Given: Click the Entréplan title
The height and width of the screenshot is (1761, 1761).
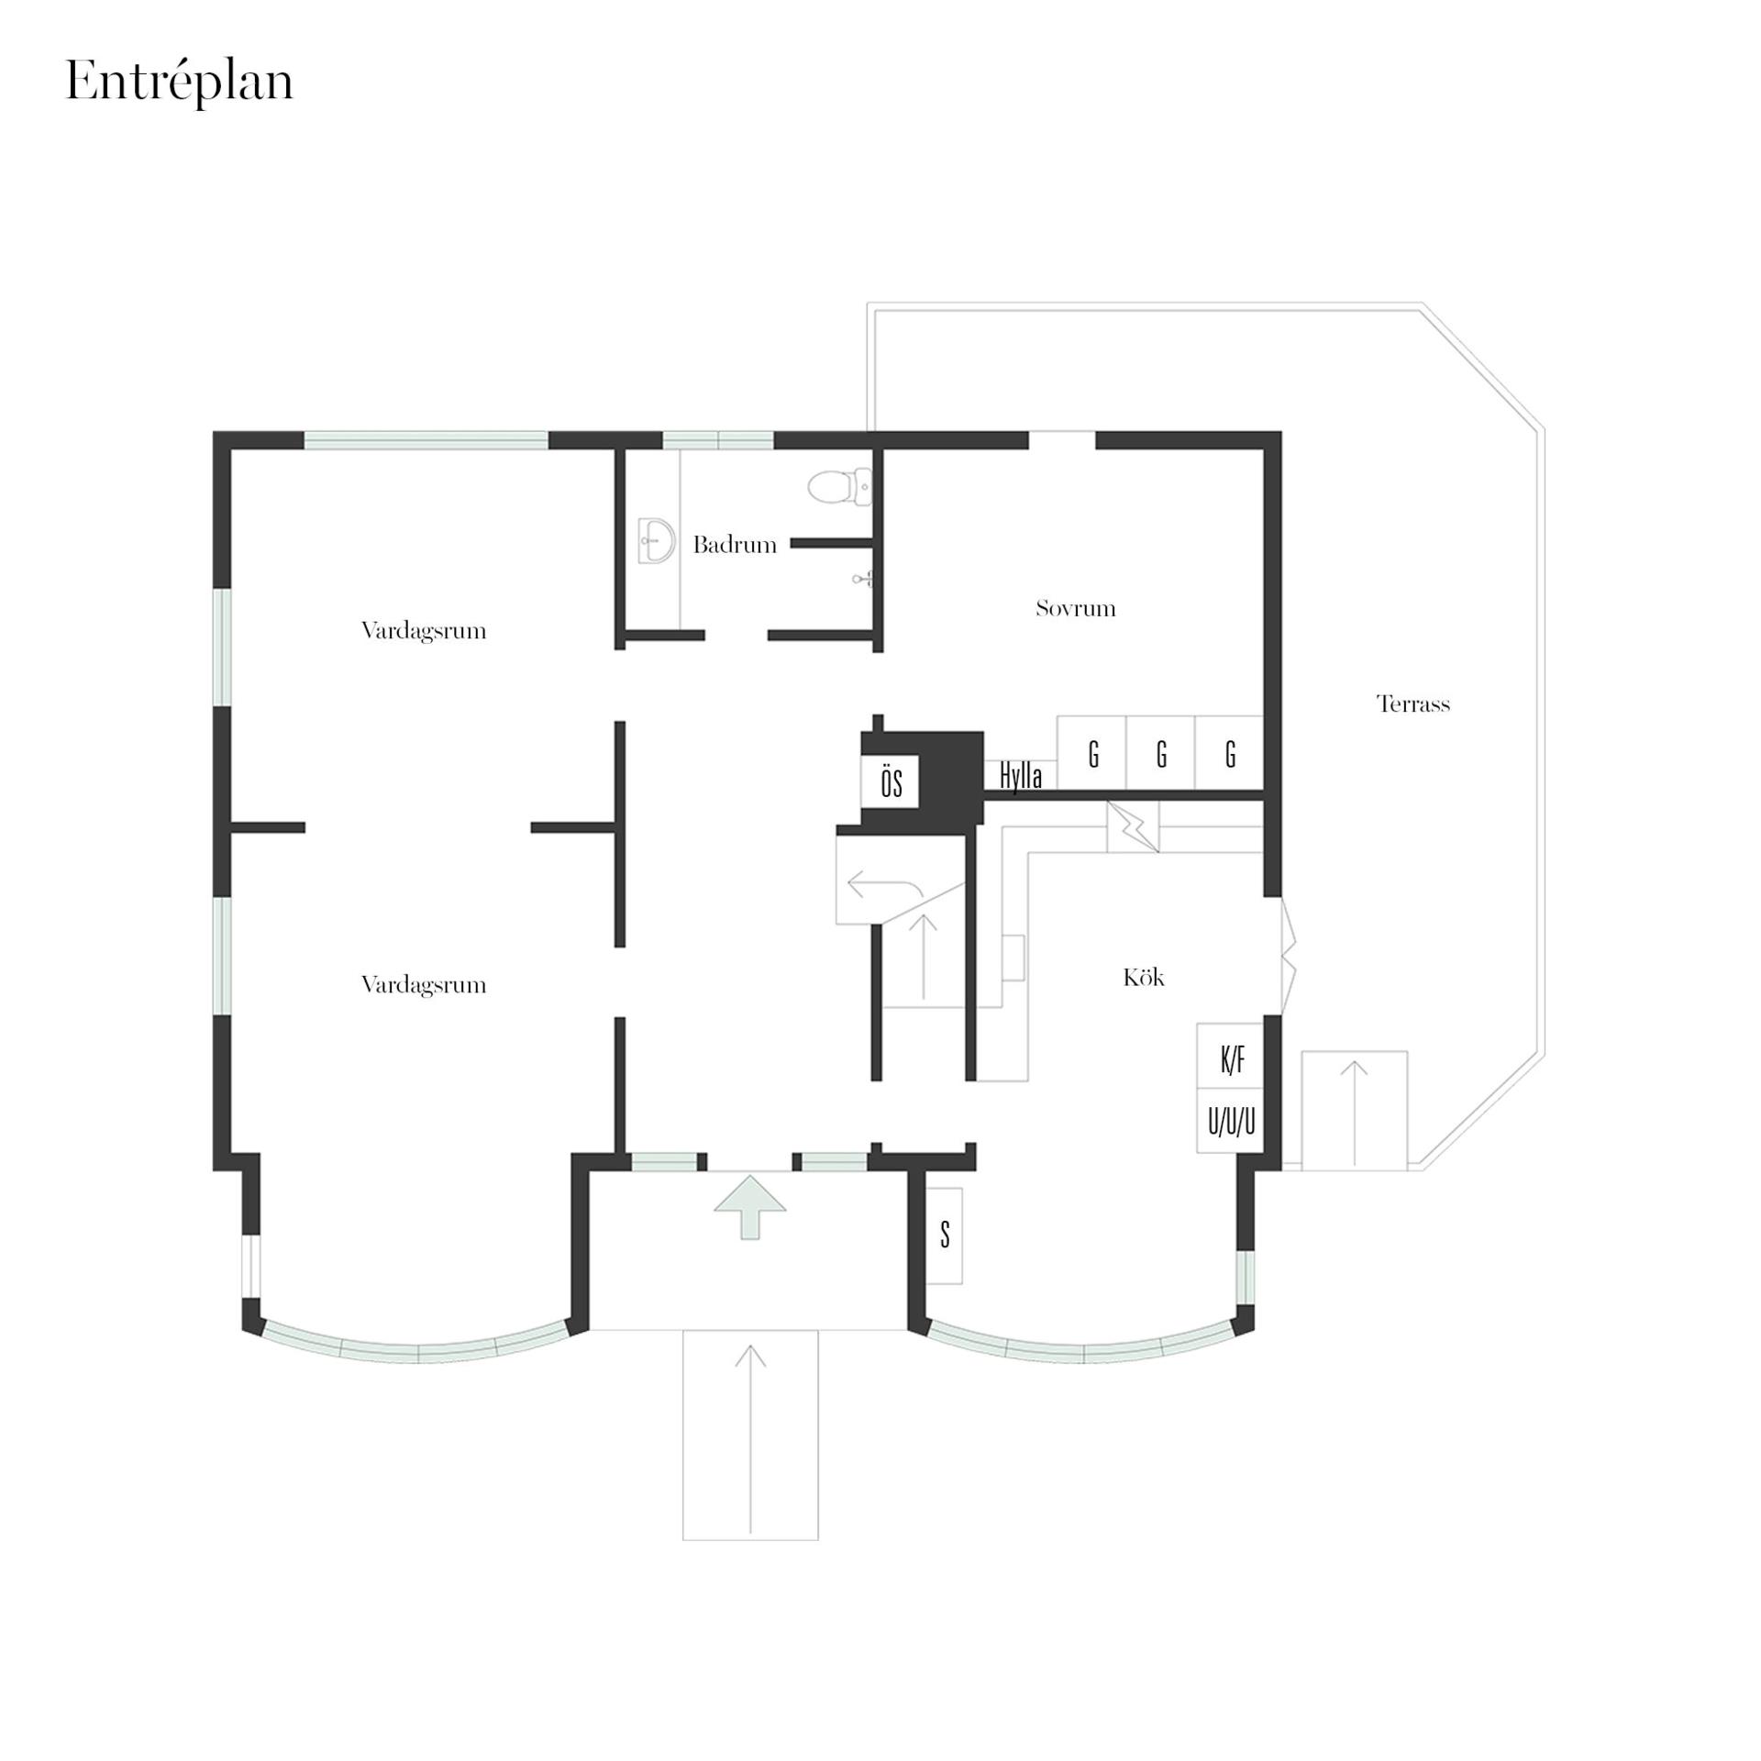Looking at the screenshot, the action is [x=180, y=83].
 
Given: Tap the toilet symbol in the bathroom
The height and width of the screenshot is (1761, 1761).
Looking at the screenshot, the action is [x=838, y=485].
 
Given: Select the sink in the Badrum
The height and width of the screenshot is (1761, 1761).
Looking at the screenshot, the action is [x=656, y=540].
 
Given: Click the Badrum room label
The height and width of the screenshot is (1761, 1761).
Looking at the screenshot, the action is [x=735, y=545].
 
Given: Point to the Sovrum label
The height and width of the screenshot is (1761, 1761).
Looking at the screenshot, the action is [x=1076, y=608].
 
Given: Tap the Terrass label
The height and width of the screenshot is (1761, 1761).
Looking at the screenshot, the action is [x=1413, y=703].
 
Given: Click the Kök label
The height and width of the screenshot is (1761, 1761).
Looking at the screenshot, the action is [x=1144, y=977].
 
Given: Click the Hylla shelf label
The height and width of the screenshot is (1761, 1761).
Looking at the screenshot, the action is [x=1021, y=776].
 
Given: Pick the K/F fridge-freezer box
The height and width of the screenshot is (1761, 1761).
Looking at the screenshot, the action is [x=1231, y=1056].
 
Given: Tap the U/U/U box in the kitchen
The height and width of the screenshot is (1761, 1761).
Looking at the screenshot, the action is [x=1231, y=1120].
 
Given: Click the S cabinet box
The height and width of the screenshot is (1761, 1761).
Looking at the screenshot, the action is [x=945, y=1235].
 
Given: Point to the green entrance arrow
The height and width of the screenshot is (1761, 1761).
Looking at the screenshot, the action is [x=750, y=1207].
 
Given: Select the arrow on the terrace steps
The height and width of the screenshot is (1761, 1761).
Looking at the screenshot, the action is [x=1355, y=1113].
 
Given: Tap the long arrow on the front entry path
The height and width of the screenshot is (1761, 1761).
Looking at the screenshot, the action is [x=750, y=1439].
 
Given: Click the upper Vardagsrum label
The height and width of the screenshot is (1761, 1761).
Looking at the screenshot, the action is [x=424, y=630].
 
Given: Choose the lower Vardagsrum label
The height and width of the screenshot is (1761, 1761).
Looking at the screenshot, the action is [x=424, y=984].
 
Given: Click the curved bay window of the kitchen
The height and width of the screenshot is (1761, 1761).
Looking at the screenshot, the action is [x=1083, y=1352].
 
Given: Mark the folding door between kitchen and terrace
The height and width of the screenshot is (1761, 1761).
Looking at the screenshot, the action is [x=1288, y=956].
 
